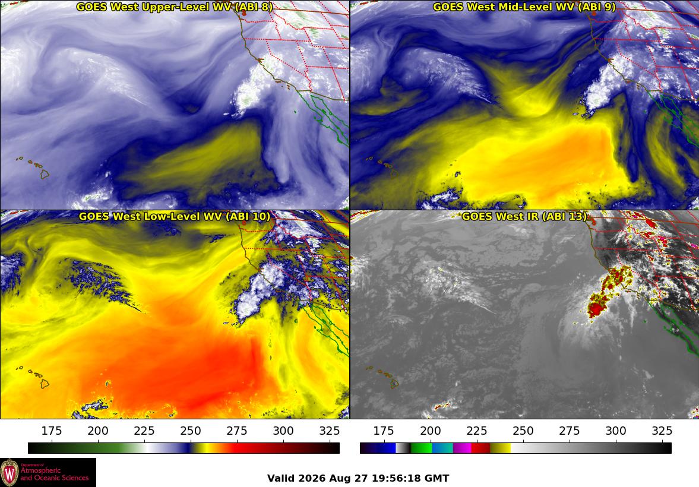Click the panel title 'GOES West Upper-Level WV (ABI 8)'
coord(174,7)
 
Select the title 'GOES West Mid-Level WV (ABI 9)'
coord(524,7)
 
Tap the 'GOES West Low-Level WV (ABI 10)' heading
coord(174,216)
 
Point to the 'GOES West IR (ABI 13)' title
coord(524,216)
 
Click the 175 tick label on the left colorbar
coord(52,431)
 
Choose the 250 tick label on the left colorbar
coord(191,431)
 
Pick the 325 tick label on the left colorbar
coord(330,431)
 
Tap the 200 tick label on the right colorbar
coord(430,431)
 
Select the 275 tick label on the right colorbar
coord(570,431)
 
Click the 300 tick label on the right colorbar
coord(616,431)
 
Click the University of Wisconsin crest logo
coord(10,473)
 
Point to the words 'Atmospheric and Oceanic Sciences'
coord(55,474)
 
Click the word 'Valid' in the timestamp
coord(281,479)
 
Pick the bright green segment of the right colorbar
coord(421,448)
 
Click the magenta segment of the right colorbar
coord(462,448)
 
